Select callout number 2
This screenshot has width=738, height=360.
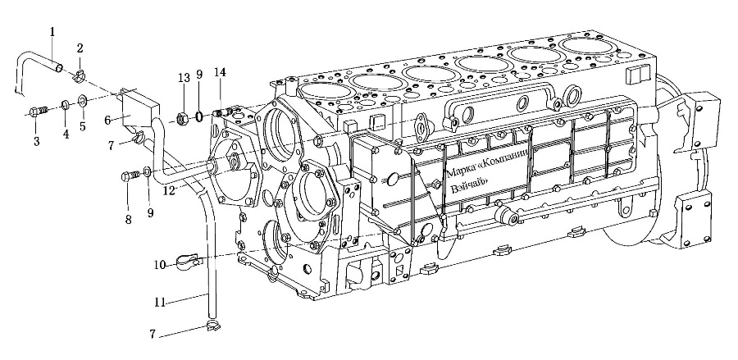[x=80, y=48]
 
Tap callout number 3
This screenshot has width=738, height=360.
[x=36, y=140]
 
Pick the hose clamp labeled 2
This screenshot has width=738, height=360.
[x=80, y=75]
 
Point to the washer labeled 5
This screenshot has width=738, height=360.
[x=82, y=100]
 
